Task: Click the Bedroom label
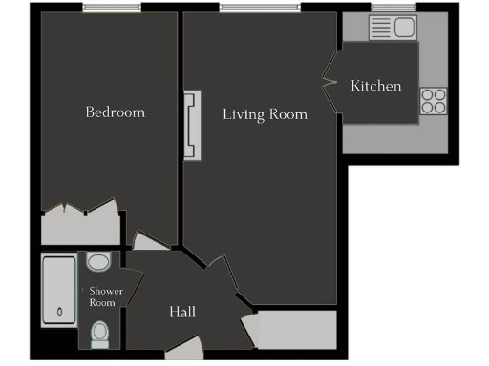click(x=116, y=112)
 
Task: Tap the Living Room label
click(x=266, y=114)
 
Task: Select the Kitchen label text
click(x=376, y=87)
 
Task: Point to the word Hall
click(x=182, y=312)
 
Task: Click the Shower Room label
click(x=102, y=296)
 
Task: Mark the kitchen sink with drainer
click(x=393, y=29)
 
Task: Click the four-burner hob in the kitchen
click(x=433, y=100)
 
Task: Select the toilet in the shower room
click(x=99, y=333)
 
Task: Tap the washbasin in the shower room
click(x=98, y=261)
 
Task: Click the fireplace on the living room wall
click(x=195, y=126)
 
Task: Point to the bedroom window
click(x=110, y=9)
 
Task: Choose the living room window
click(x=248, y=9)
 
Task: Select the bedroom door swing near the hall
click(x=149, y=241)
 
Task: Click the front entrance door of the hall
click(x=185, y=352)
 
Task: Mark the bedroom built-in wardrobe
click(x=81, y=227)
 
